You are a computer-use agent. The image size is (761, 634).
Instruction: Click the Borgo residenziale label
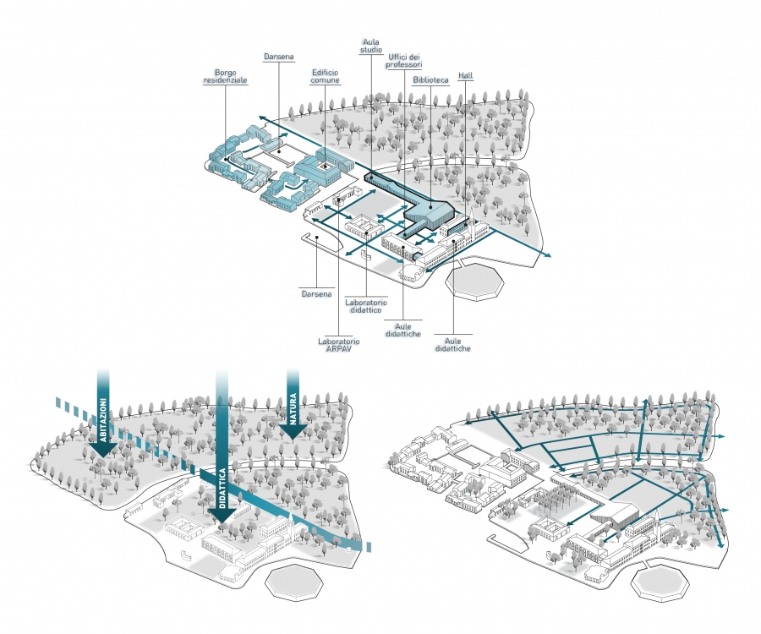coord(225,77)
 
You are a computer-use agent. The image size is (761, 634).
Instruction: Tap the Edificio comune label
coord(326,77)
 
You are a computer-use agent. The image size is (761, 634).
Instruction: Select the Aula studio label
coord(371,46)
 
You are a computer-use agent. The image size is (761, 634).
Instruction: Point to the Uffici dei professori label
coord(404,61)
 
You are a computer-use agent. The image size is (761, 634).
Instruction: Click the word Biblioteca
coord(430,80)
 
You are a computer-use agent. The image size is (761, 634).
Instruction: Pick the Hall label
coord(465,76)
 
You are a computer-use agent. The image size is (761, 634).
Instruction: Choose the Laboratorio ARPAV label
coord(339,345)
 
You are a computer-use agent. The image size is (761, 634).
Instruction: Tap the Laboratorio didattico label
coord(366,306)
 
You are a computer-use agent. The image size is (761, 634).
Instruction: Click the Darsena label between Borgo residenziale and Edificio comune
coord(278,57)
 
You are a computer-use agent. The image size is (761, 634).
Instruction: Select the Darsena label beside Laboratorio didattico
coord(316,294)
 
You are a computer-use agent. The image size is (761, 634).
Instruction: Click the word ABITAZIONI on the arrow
coord(103,420)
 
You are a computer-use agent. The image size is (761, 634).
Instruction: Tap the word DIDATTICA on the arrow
coord(222,488)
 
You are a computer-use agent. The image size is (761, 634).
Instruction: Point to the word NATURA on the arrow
coord(293,409)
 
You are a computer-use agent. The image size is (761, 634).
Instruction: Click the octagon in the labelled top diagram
coord(474,281)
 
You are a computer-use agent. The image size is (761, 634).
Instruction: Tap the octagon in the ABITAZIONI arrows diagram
coord(294,582)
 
